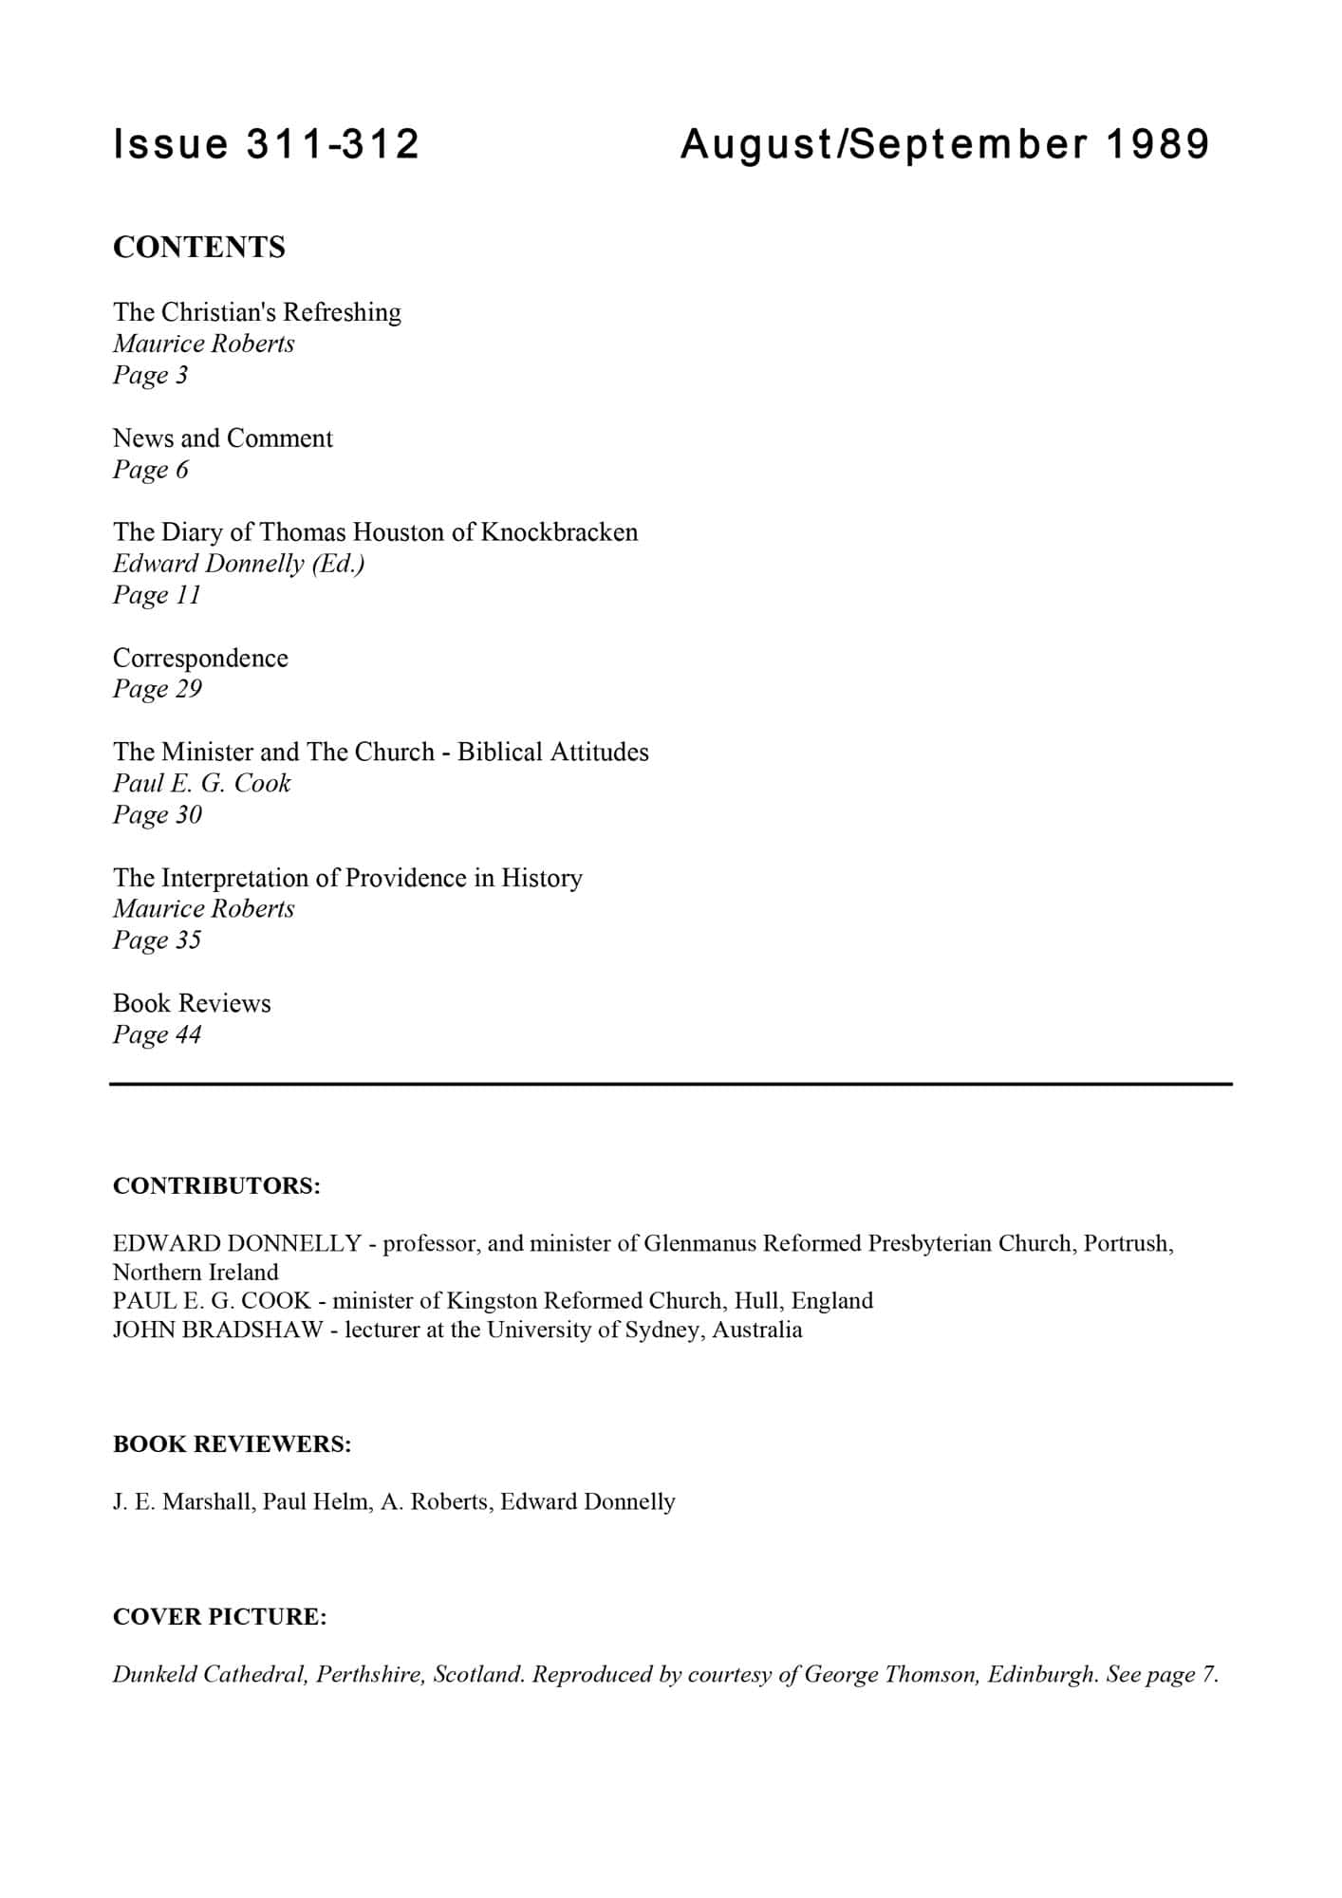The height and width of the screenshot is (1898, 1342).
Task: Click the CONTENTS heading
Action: (199, 248)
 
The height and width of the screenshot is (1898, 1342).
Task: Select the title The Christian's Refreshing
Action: (257, 312)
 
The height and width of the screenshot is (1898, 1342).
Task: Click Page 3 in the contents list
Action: (151, 375)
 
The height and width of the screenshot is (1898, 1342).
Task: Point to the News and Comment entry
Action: (223, 438)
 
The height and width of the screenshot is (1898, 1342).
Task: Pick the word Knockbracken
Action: (559, 531)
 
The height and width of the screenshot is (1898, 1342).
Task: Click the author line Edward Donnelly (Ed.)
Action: (239, 564)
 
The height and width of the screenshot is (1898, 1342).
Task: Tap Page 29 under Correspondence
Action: (158, 689)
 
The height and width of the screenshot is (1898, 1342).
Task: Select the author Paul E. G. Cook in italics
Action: (202, 783)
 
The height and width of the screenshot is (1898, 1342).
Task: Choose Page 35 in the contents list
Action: (158, 940)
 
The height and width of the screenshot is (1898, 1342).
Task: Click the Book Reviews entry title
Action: (192, 1003)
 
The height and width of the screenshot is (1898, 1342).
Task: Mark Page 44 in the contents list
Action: (158, 1034)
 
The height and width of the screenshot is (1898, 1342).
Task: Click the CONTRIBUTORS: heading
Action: (216, 1186)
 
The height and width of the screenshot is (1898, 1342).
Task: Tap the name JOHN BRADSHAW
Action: (217, 1330)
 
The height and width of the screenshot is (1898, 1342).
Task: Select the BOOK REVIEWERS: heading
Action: (233, 1444)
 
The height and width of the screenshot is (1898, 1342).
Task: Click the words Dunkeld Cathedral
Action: (209, 1674)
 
